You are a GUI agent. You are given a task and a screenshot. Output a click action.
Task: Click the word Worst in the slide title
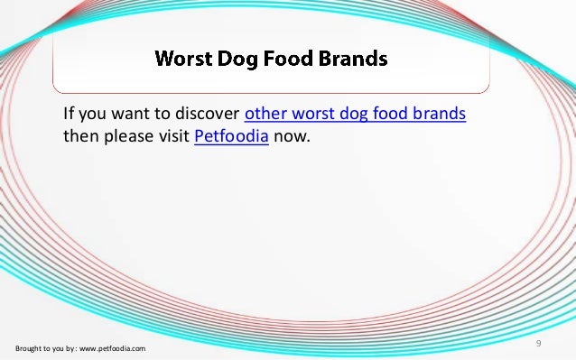click(183, 60)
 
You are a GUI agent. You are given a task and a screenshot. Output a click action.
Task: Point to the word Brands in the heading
click(353, 60)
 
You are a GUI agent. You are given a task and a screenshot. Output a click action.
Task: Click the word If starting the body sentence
click(68, 115)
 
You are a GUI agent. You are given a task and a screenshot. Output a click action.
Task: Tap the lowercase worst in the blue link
click(315, 115)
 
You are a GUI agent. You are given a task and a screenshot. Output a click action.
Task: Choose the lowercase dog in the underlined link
click(358, 115)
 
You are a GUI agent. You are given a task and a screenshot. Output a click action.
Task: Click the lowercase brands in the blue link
click(444, 115)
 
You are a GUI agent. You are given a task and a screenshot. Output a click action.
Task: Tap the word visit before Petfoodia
click(173, 138)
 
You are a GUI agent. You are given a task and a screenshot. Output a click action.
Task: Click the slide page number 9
click(538, 344)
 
